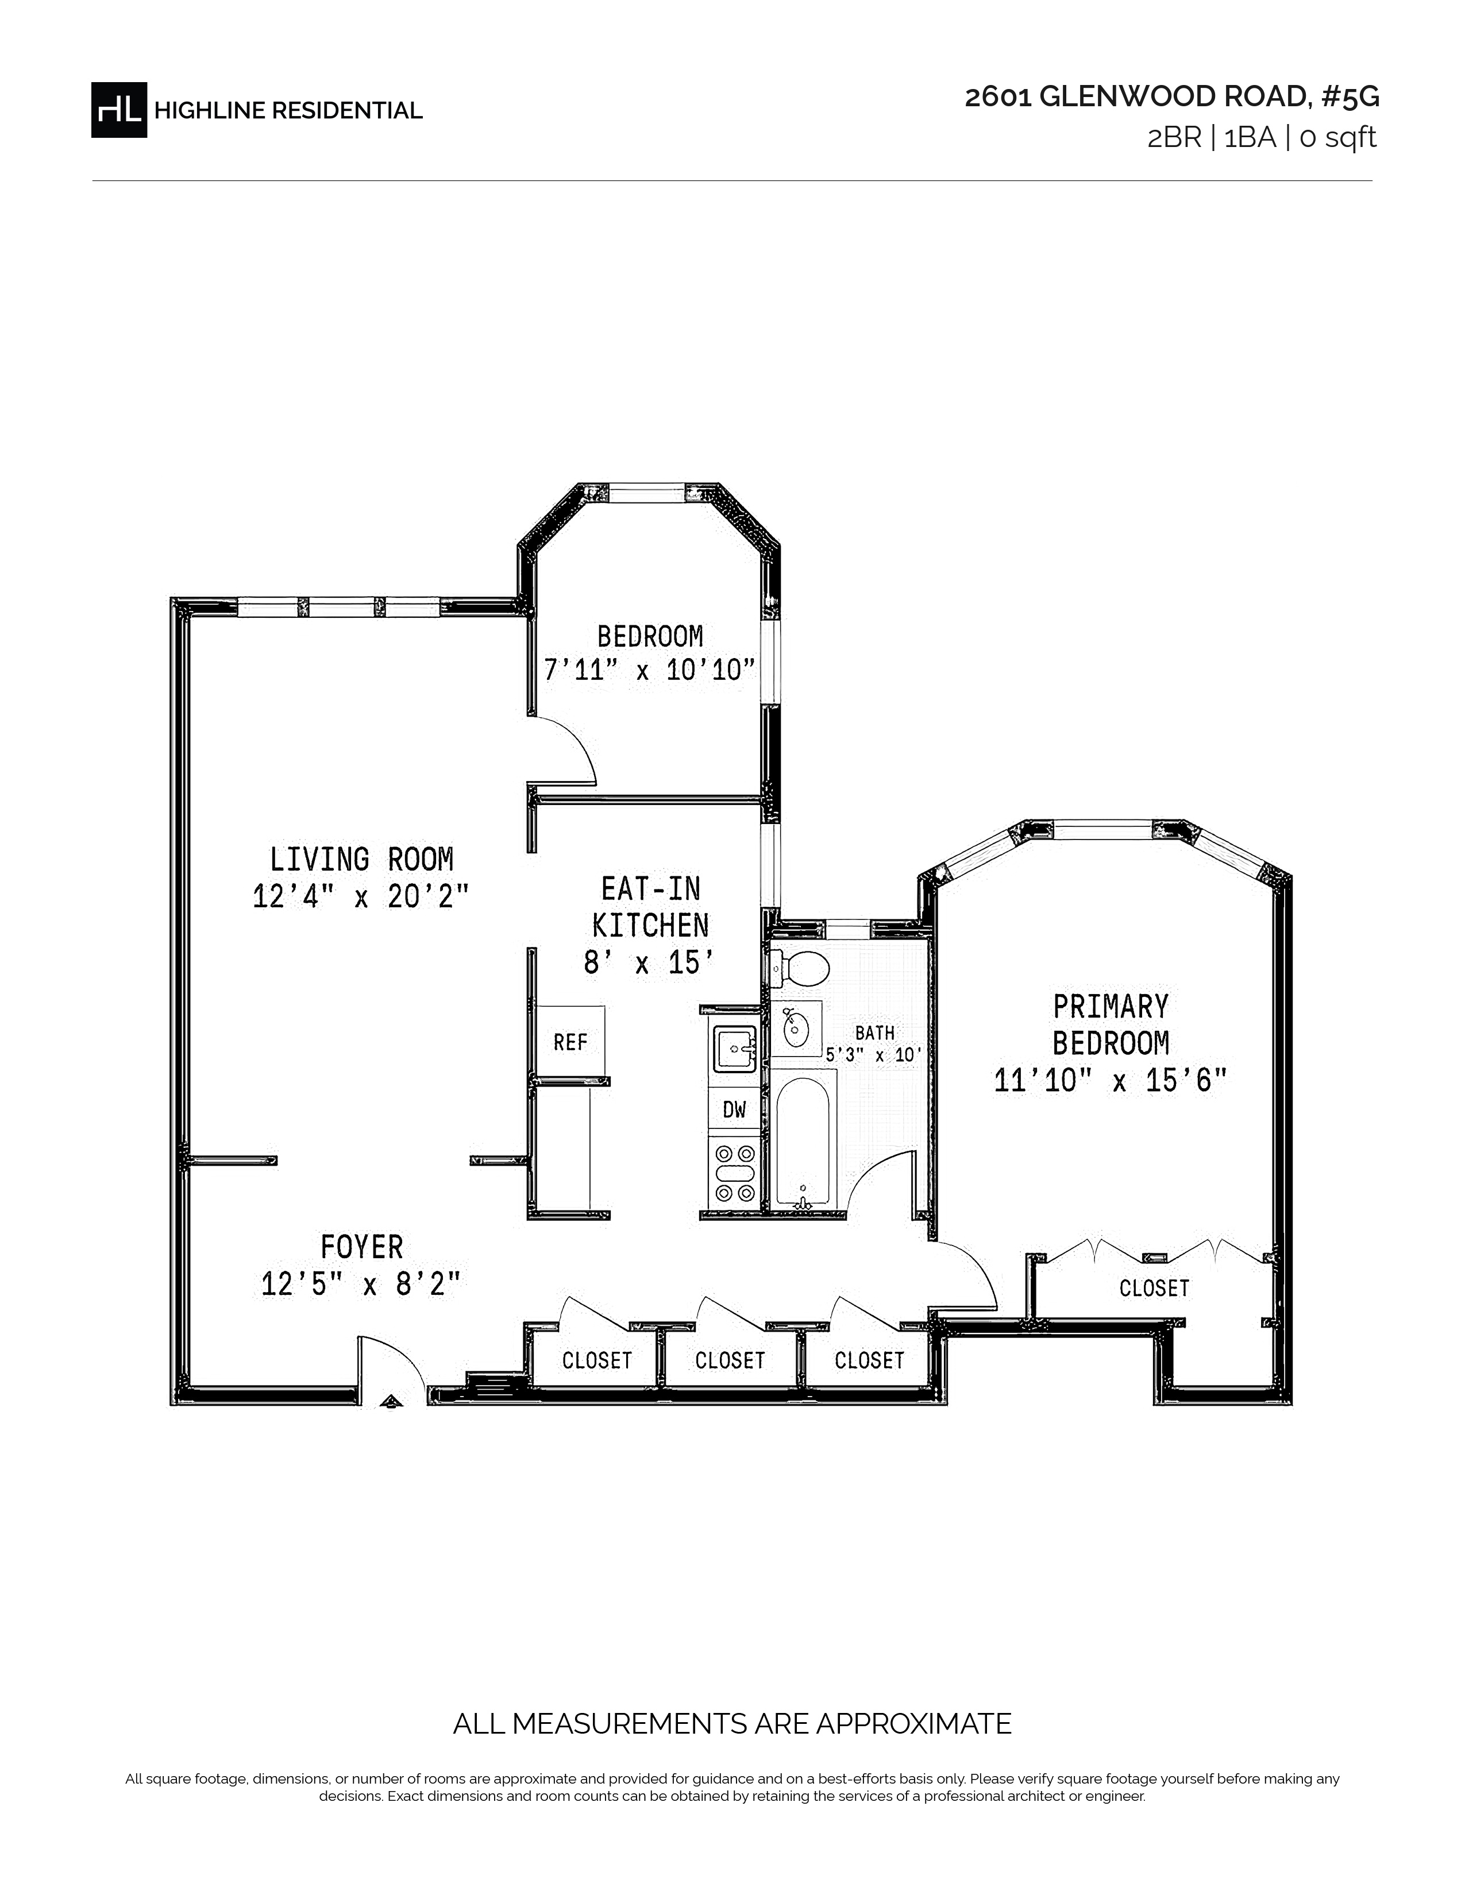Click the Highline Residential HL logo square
click(119, 110)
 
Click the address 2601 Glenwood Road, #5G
click(1171, 96)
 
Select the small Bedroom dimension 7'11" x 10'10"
click(649, 670)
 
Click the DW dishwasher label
click(734, 1109)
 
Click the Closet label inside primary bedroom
click(1154, 1287)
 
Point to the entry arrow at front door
click(391, 1399)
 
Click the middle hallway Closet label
click(730, 1360)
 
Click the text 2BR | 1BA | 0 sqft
click(1262, 138)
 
